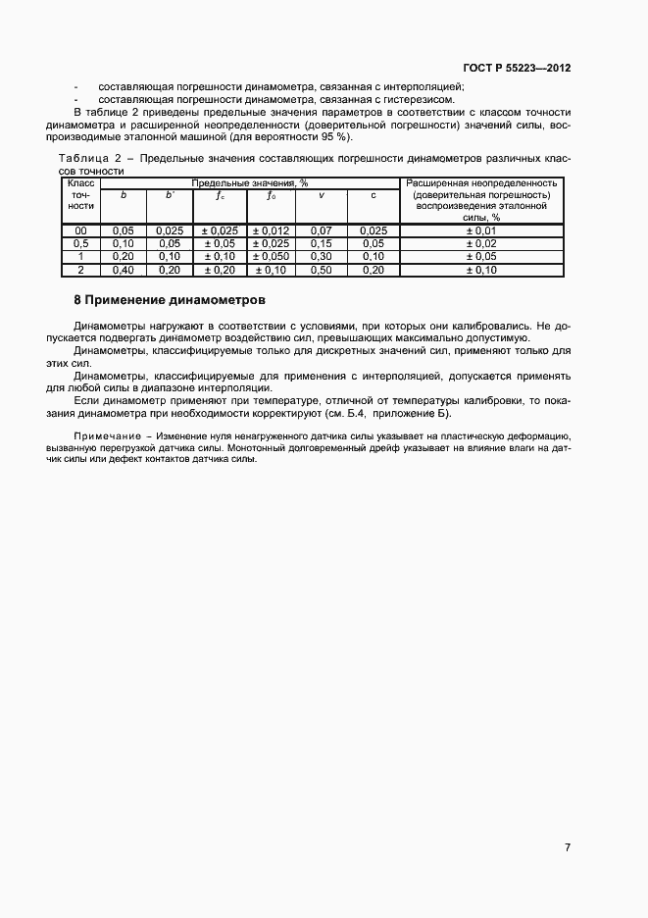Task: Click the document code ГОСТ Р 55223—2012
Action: point(517,69)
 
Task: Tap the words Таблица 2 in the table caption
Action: point(89,158)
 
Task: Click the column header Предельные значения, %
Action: point(250,182)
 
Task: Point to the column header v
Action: point(323,195)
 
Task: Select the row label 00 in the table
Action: point(81,230)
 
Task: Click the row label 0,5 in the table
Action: point(81,243)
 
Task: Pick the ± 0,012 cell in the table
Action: point(271,230)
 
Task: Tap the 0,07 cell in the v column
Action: point(322,230)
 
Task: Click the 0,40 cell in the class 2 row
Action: point(123,270)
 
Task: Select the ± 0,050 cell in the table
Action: point(271,257)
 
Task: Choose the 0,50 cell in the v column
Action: point(322,270)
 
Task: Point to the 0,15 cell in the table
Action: point(322,243)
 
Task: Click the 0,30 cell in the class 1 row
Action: point(322,257)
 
